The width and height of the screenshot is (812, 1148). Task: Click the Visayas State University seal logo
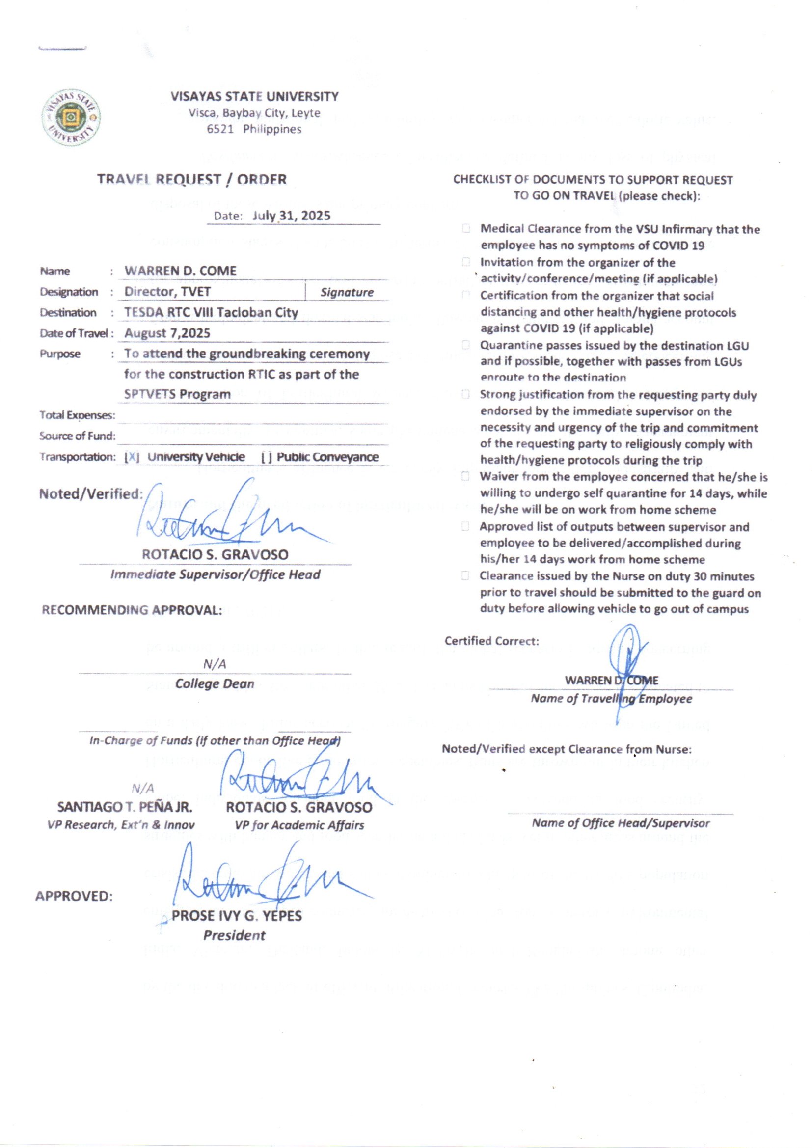click(x=72, y=118)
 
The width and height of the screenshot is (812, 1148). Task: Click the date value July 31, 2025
click(x=292, y=216)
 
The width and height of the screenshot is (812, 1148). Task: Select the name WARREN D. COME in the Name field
click(x=181, y=271)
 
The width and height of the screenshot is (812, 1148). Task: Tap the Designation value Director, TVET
click(x=167, y=292)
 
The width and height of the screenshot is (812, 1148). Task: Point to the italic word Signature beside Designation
click(x=347, y=292)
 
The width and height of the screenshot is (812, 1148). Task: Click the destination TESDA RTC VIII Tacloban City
click(x=211, y=312)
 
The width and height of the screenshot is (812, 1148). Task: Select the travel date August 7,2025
click(x=167, y=333)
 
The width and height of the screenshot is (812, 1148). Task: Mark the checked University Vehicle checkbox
click(x=132, y=457)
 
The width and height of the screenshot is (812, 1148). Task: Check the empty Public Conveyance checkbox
click(x=267, y=457)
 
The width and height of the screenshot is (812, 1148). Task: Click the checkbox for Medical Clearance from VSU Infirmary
click(x=466, y=229)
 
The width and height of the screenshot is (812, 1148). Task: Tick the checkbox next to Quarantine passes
click(x=466, y=345)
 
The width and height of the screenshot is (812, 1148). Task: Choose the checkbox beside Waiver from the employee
click(x=466, y=476)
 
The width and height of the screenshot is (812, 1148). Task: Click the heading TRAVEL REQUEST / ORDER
click(x=192, y=179)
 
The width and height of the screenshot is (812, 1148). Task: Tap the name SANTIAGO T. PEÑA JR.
click(x=125, y=807)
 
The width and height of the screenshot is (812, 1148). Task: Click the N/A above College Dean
click(x=215, y=664)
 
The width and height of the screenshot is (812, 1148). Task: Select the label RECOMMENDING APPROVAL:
click(x=132, y=610)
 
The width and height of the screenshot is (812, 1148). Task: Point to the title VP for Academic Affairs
click(x=299, y=825)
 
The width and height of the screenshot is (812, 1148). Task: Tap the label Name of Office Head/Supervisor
click(x=621, y=823)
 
